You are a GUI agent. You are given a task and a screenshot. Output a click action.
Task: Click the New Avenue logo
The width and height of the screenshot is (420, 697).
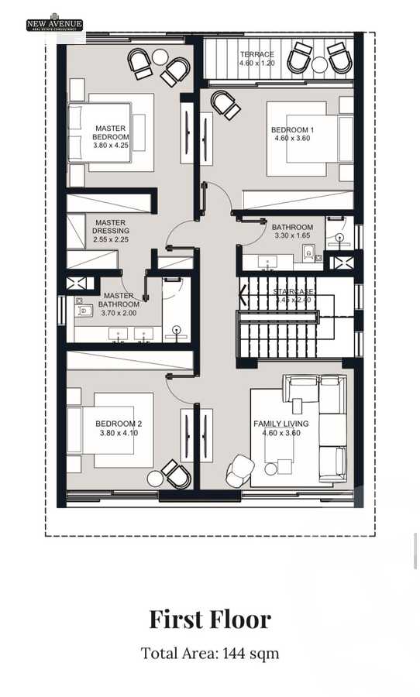point(55,23)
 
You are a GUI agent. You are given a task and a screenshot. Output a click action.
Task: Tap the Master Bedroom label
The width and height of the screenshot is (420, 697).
point(111,136)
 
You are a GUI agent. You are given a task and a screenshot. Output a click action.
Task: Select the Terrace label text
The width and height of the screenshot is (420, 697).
point(256,59)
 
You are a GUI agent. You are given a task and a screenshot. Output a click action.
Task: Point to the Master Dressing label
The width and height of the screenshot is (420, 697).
point(111,230)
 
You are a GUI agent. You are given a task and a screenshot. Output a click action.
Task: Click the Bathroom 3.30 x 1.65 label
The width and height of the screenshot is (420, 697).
point(292,232)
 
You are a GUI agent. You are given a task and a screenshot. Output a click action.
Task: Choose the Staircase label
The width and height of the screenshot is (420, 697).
point(293,295)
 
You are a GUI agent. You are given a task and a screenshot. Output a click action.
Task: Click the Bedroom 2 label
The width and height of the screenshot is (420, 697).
point(118,428)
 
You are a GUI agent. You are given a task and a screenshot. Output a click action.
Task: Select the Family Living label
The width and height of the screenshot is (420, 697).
point(281,428)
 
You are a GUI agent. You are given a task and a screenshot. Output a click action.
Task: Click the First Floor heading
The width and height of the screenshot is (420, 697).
point(210,619)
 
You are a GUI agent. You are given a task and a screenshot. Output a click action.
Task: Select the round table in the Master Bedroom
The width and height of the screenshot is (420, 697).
point(160,57)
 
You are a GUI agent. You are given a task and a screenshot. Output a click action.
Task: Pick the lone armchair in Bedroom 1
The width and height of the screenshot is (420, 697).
point(225,105)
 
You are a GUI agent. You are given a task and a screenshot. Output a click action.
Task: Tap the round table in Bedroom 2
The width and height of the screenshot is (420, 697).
point(156,479)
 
